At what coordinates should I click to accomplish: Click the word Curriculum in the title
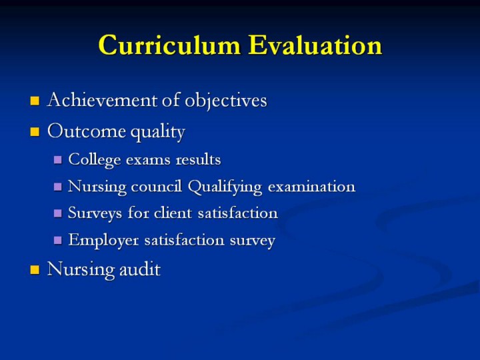coord(169,45)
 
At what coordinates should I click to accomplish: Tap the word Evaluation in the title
coord(315,45)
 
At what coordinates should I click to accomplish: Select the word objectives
coord(225,101)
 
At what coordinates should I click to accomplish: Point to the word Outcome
coord(87,131)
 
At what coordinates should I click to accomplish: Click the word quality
coord(157,132)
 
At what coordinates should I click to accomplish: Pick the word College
coord(94,160)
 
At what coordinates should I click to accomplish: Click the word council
coord(156,186)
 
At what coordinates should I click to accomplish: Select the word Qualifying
coord(225,187)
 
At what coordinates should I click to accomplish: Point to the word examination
coord(311,186)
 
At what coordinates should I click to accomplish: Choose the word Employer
coord(103,240)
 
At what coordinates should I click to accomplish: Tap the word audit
coord(139,269)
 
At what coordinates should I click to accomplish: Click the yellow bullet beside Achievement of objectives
coord(35,101)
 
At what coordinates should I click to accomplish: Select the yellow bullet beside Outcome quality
coord(35,132)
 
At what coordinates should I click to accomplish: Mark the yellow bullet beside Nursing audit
coord(35,270)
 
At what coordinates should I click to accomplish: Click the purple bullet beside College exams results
coord(57,160)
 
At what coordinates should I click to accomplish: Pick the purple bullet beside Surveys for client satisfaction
coord(57,213)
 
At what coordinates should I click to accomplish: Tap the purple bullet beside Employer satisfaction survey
coord(57,240)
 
